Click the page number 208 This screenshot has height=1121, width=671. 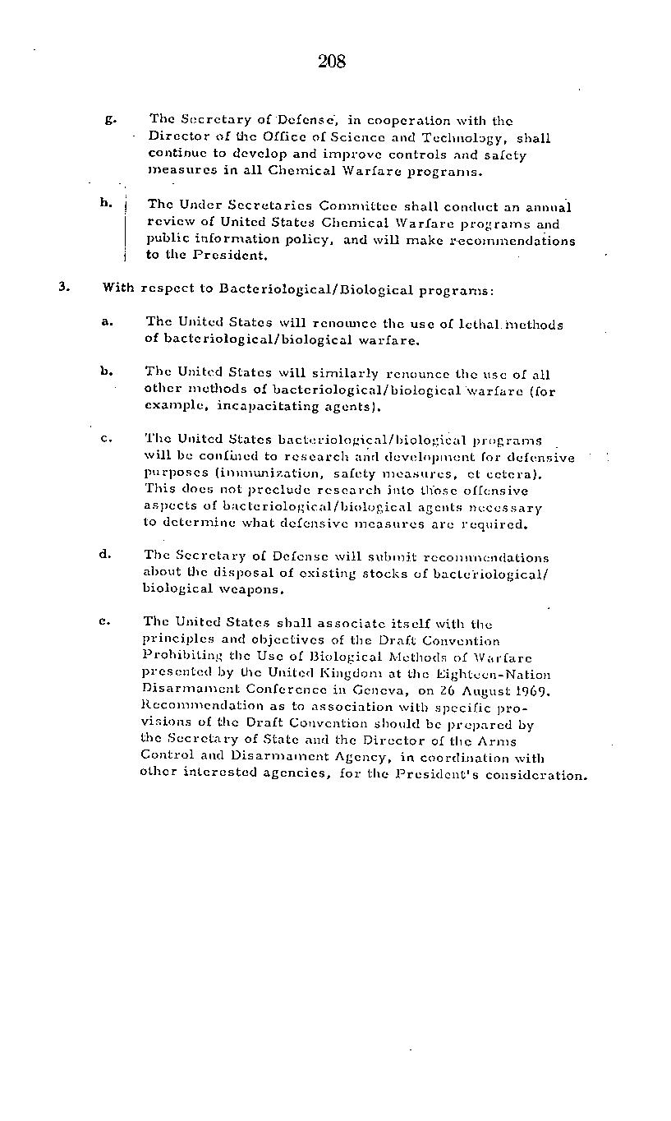click(331, 61)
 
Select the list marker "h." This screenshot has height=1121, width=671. click(106, 202)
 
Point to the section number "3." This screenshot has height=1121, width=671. click(64, 287)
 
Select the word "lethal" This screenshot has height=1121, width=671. click(475, 324)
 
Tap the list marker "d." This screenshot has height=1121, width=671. click(105, 553)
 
